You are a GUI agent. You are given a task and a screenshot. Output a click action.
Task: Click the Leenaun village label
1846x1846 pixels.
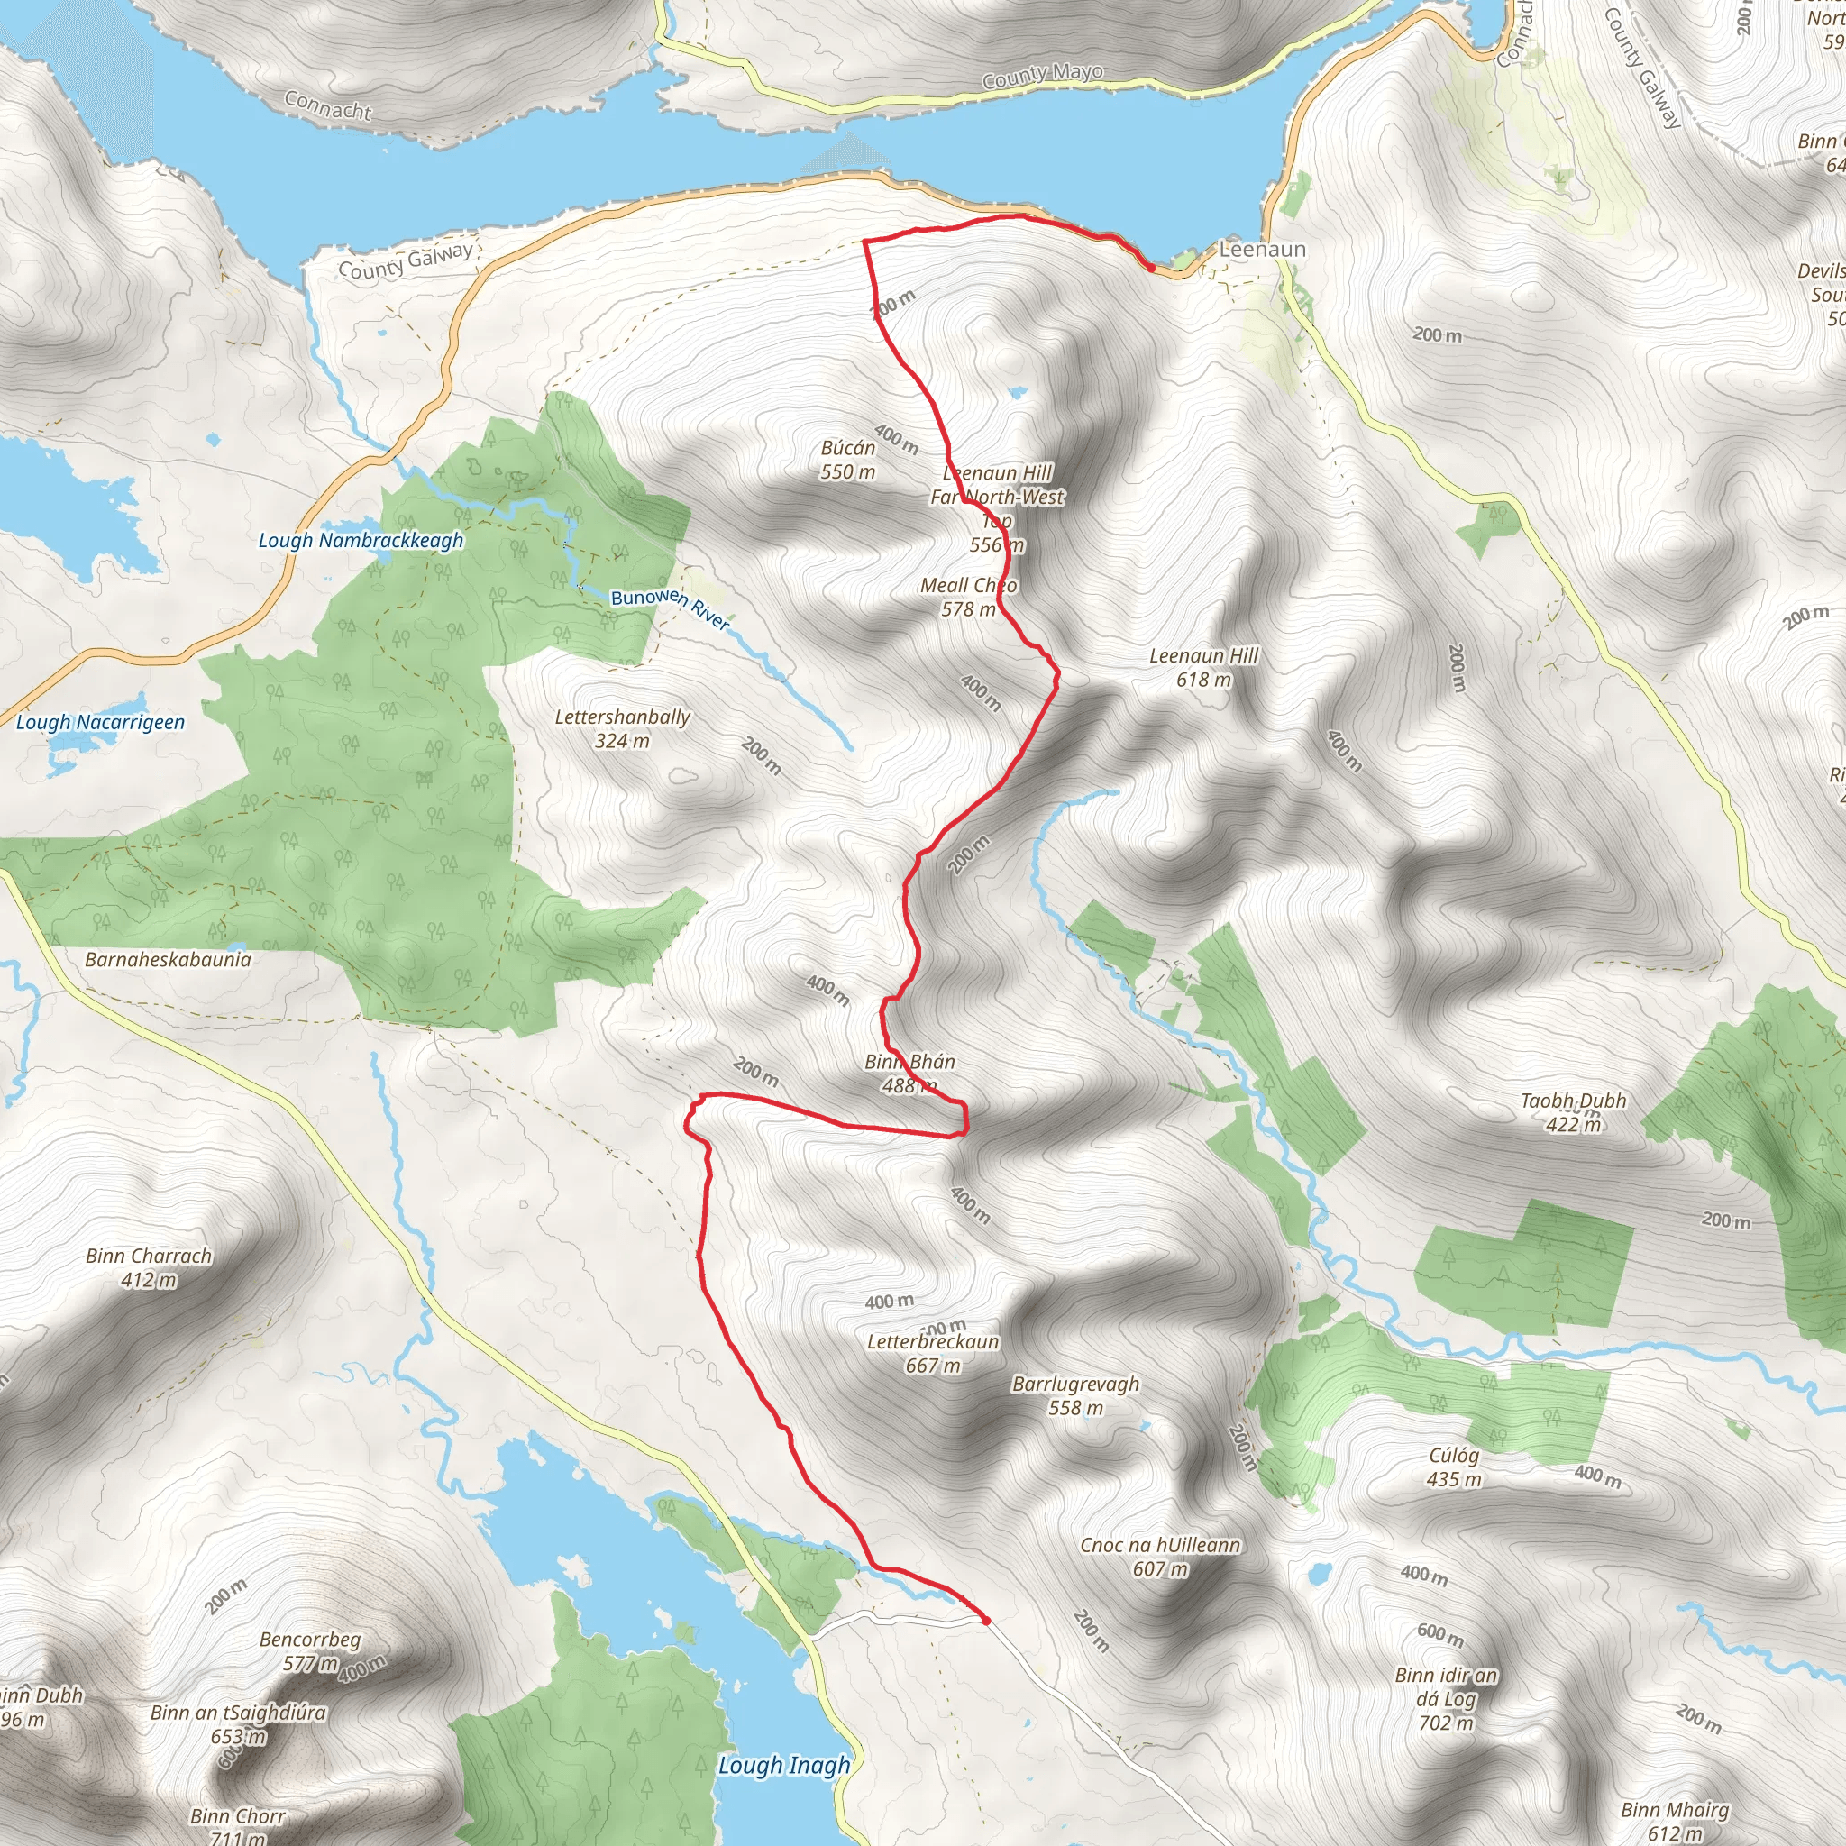1261,250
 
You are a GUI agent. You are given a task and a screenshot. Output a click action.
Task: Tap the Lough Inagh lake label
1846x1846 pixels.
783,1765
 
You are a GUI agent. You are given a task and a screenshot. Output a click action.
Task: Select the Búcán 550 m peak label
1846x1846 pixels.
847,460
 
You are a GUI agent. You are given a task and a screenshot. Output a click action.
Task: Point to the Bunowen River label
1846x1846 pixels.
670,608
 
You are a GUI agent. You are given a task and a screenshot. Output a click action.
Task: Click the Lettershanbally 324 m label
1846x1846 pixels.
622,728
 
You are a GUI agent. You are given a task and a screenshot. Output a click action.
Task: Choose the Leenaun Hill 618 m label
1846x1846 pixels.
1204,667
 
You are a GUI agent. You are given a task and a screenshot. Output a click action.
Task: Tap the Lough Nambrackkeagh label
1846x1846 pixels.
361,541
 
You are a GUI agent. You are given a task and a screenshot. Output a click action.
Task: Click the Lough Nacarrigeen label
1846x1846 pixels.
100,722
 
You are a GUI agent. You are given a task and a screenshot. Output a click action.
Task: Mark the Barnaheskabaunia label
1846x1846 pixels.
169,959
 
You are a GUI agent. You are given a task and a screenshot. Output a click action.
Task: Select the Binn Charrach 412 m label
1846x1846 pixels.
149,1267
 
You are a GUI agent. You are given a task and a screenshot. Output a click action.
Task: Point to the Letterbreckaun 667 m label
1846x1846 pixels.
933,1353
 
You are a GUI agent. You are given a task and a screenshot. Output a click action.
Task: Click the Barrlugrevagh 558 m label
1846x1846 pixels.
1076,1395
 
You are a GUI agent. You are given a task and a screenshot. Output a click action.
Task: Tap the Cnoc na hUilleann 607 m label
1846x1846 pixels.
1160,1557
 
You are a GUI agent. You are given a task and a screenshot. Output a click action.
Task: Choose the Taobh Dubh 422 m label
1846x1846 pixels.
1574,1112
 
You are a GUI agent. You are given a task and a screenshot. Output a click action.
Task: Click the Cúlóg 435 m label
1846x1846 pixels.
1454,1467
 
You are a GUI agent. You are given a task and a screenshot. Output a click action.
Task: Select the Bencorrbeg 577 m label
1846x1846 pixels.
311,1651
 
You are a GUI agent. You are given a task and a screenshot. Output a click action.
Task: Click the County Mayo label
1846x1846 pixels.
1043,75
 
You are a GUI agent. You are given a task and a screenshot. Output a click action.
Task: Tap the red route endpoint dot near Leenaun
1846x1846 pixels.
1152,269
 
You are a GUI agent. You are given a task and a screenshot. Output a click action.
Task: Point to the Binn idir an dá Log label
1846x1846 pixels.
1446,1699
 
